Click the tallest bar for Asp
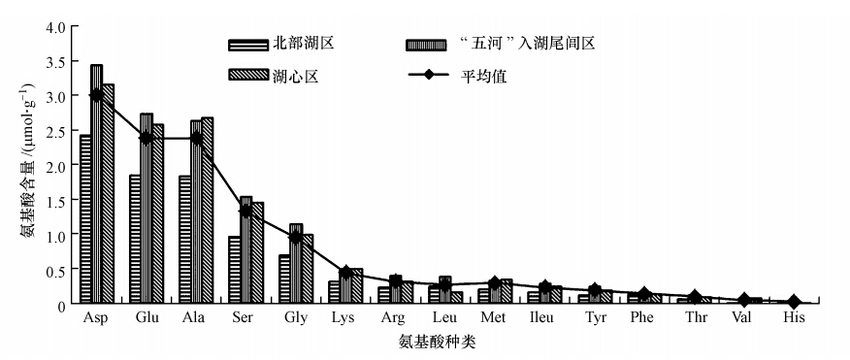pos(96,184)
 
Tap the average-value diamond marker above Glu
pos(147,138)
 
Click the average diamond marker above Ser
pos(246,211)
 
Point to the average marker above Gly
pos(296,237)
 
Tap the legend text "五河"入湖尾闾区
pos(529,43)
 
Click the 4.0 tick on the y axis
pos(54,26)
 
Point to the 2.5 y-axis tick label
pos(54,131)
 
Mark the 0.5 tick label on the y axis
pos(54,270)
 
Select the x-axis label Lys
pos(343,318)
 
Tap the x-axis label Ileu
pos(542,318)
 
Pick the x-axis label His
pos(794,318)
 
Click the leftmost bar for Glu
pos(136,240)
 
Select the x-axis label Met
pos(493,318)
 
